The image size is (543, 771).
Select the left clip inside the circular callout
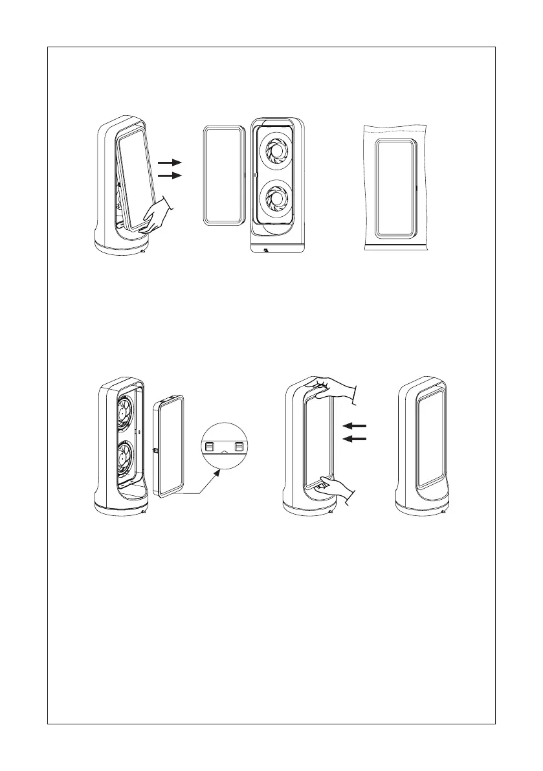point(210,446)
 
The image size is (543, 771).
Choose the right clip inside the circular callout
point(239,446)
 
